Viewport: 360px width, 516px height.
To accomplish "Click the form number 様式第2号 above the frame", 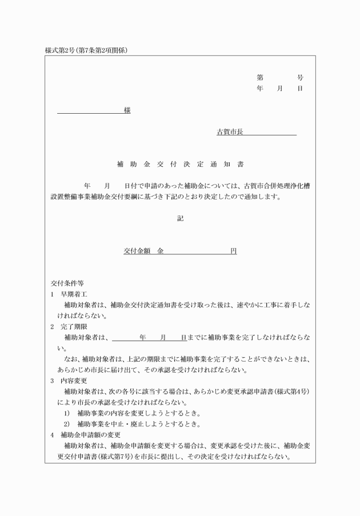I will click(x=62, y=50).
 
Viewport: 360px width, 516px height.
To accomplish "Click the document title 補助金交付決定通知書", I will click(x=180, y=165).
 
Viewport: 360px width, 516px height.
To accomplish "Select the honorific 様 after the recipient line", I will click(x=127, y=110).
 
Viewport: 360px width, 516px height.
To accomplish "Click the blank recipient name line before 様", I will click(x=90, y=111).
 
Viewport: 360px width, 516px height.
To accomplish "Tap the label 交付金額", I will click(x=137, y=251).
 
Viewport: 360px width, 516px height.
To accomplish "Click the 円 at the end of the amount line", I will click(x=234, y=251).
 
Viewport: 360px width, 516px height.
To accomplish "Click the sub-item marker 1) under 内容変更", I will click(x=66, y=413).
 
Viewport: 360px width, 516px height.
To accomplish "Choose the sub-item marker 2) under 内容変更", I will click(x=66, y=424).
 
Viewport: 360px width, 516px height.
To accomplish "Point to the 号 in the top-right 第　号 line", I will click(x=301, y=77).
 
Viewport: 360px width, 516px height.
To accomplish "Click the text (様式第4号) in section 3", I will click(x=292, y=391).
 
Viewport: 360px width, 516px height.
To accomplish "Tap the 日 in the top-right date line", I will click(x=301, y=89).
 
